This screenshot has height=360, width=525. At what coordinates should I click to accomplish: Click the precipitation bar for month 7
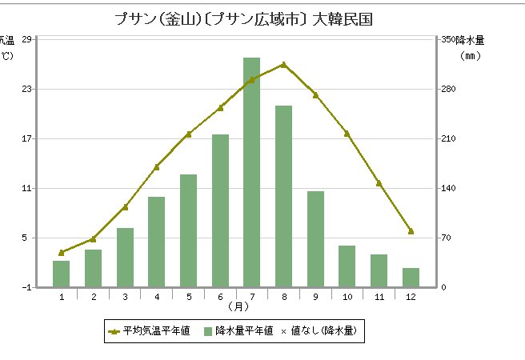(x=252, y=172)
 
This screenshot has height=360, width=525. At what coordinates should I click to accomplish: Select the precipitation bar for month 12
(x=411, y=278)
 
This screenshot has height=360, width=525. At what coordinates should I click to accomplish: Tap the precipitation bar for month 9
(x=315, y=239)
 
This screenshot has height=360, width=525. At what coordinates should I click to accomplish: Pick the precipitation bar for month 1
(x=62, y=274)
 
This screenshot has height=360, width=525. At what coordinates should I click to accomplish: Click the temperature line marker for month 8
(x=283, y=64)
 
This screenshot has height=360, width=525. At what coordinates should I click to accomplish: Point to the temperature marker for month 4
(x=157, y=166)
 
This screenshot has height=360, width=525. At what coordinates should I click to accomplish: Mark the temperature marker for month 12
(x=411, y=231)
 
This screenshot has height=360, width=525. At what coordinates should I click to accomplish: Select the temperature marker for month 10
(x=347, y=134)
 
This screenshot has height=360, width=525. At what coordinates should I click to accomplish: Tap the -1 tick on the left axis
(x=27, y=287)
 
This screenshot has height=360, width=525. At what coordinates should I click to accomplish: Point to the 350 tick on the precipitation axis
(x=448, y=39)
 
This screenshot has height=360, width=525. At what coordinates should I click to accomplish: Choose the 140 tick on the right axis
(x=448, y=188)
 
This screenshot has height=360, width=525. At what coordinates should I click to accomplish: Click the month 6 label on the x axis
(x=220, y=297)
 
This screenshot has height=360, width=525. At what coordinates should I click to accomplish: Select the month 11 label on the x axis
(x=379, y=297)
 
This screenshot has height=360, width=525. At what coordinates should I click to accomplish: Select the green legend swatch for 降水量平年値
(x=208, y=330)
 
